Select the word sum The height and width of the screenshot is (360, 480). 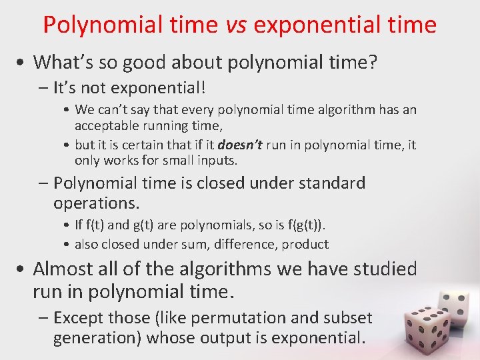(177, 244)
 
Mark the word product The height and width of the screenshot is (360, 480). (305, 244)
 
